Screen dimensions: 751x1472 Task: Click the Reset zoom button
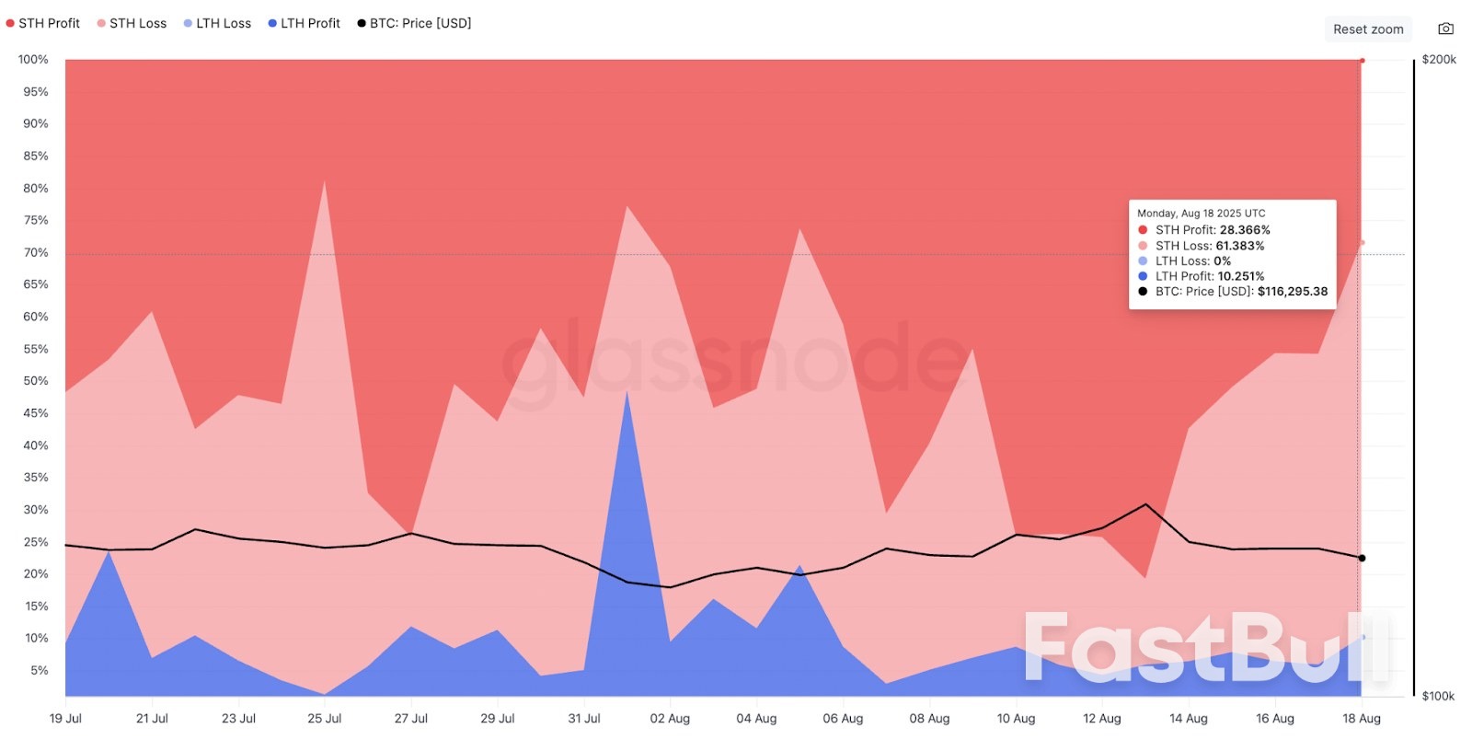pyautogui.click(x=1368, y=29)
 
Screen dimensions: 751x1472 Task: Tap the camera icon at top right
pyautogui.click(x=1446, y=29)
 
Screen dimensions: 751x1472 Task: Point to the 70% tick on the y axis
pyautogui.click(x=36, y=252)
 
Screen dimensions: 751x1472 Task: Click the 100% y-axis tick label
pyautogui.click(x=33, y=60)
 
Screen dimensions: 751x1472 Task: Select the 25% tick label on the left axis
pyautogui.click(x=36, y=542)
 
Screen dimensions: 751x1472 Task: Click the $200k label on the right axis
pyautogui.click(x=1439, y=60)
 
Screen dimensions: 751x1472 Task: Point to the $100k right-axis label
pyautogui.click(x=1438, y=696)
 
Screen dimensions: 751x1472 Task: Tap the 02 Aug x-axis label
pyautogui.click(x=670, y=719)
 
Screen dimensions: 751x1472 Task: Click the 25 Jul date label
pyautogui.click(x=324, y=719)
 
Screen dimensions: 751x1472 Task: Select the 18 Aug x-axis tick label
pyautogui.click(x=1361, y=719)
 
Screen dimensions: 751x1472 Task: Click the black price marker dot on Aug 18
pyautogui.click(x=1362, y=558)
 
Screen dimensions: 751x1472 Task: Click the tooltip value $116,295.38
pyautogui.click(x=1293, y=292)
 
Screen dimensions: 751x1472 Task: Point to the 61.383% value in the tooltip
pyautogui.click(x=1239, y=246)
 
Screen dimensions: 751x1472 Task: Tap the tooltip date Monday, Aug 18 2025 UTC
pyautogui.click(x=1201, y=214)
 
